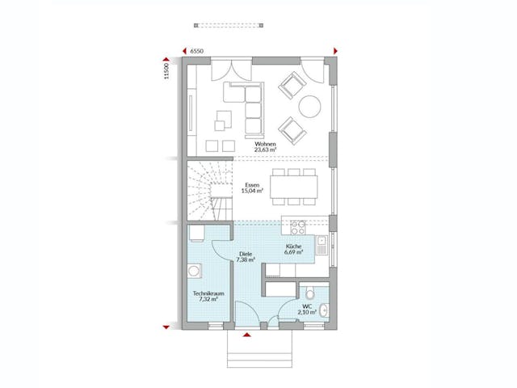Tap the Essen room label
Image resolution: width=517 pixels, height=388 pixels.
coord(250,185)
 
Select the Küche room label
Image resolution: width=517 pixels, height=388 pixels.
coord(293,246)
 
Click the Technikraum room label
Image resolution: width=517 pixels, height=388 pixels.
coord(208,293)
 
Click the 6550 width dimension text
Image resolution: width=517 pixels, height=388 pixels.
coord(198,52)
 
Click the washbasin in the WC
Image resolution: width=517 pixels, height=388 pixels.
coord(323,308)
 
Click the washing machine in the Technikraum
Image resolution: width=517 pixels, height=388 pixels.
coord(196,234)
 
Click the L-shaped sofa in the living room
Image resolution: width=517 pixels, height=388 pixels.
coord(246,109)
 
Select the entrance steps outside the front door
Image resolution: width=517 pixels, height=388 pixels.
coord(258,348)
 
